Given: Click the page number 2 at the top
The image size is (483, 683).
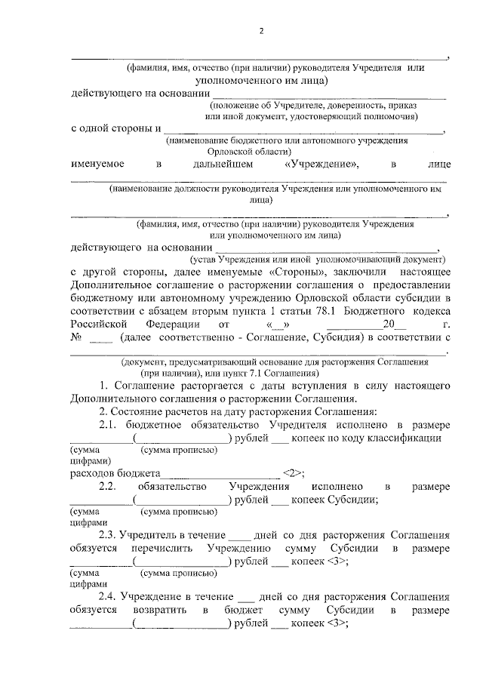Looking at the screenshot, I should (x=260, y=31).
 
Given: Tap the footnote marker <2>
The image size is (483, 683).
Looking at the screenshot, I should (x=292, y=474).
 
